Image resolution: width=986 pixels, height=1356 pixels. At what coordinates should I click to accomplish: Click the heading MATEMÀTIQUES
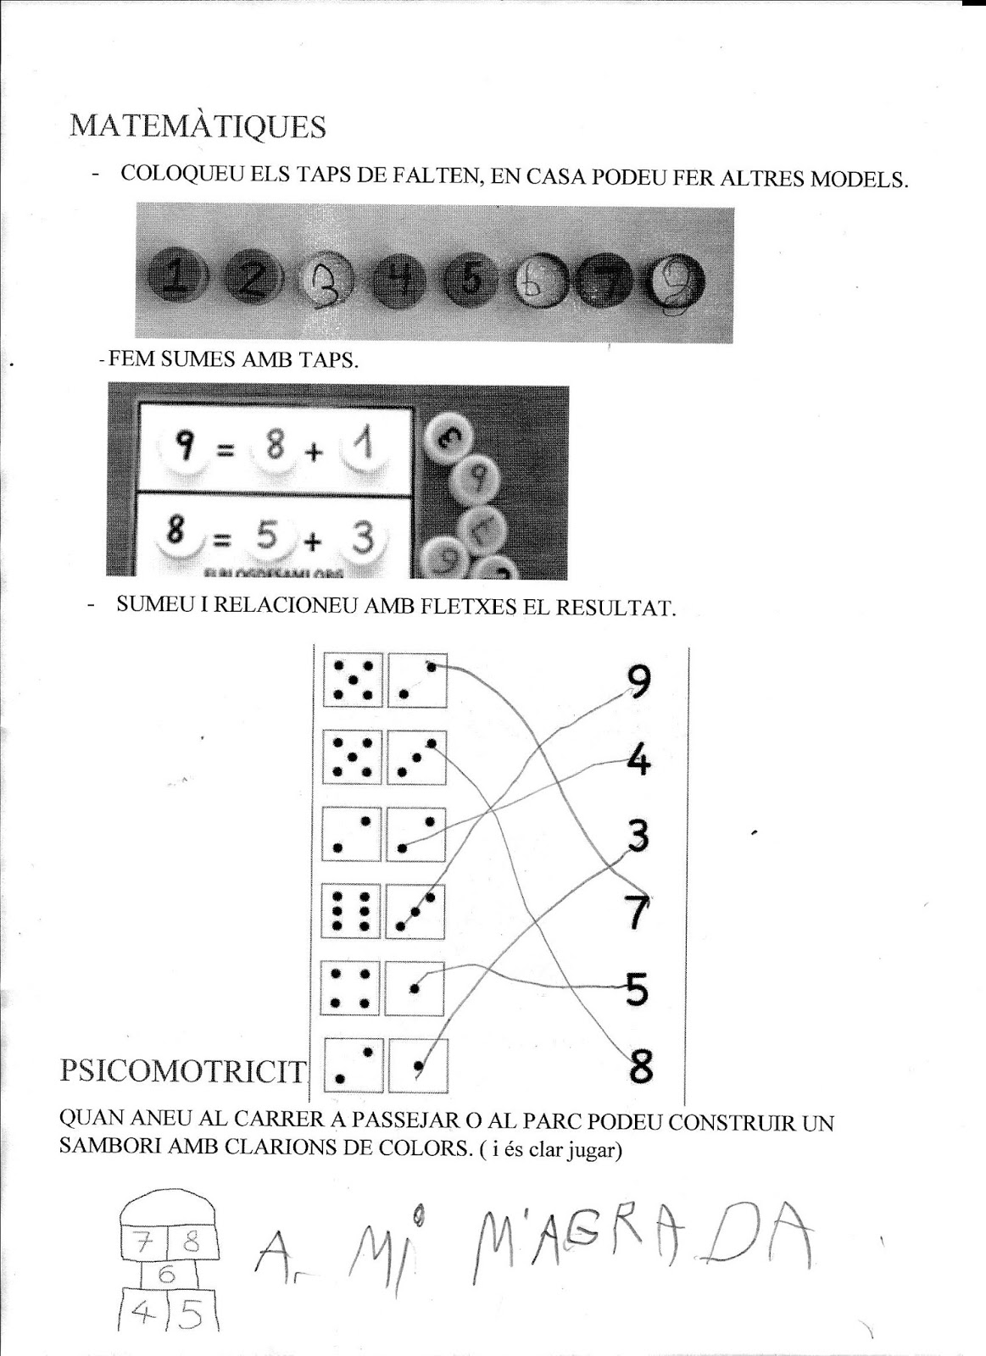point(198,126)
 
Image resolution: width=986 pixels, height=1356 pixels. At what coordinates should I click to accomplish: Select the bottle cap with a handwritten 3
point(323,280)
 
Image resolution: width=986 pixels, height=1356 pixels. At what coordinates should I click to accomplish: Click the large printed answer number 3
point(638,836)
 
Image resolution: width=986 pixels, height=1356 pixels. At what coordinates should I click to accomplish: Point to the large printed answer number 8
point(640,1064)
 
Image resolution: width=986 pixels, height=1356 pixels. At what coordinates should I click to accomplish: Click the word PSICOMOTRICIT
point(181,1071)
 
